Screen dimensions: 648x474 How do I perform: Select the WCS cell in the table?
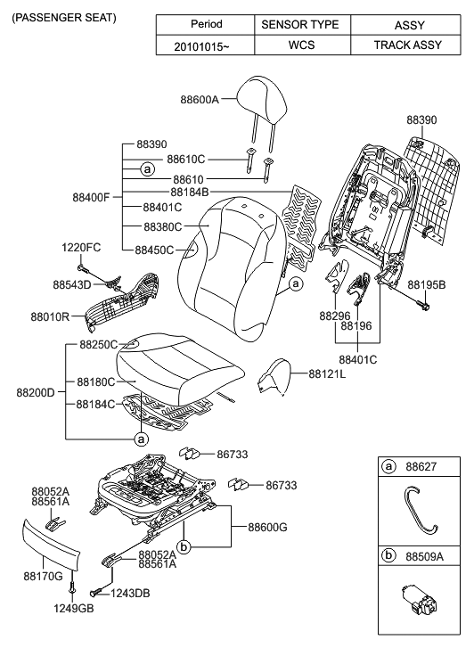[x=299, y=45]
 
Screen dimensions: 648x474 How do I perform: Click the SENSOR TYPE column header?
[x=299, y=25]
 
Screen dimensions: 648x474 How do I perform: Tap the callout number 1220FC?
[x=81, y=247]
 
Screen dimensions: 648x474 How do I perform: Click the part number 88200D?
[x=35, y=391]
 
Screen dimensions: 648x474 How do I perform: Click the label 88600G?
[x=259, y=528]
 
